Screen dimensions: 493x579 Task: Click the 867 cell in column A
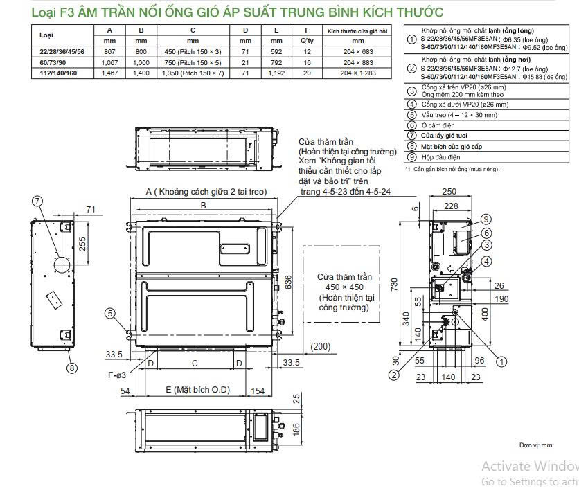click(x=109, y=51)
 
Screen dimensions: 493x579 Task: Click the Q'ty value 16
click(x=307, y=62)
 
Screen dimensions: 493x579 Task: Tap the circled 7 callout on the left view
click(x=38, y=201)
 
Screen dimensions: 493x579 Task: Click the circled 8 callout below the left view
click(x=71, y=368)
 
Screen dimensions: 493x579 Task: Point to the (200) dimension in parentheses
click(x=321, y=346)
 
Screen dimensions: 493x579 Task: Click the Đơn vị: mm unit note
click(x=535, y=445)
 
